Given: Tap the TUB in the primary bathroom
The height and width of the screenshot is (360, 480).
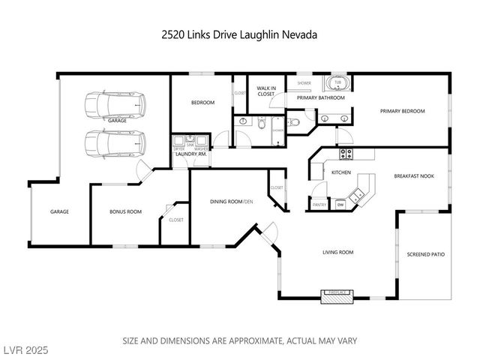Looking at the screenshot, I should (x=337, y=83).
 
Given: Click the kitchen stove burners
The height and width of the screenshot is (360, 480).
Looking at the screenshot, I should (x=346, y=154).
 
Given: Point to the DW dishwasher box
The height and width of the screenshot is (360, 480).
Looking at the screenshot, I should (x=340, y=203).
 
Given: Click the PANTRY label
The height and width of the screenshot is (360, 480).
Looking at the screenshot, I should (x=319, y=203).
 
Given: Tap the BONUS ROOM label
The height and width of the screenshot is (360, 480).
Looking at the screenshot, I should (x=125, y=212).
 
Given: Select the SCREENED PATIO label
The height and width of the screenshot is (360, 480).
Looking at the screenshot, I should (x=425, y=254).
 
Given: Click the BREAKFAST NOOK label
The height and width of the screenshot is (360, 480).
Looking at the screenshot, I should (x=414, y=176).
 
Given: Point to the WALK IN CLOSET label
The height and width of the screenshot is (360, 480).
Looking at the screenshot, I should (x=262, y=91).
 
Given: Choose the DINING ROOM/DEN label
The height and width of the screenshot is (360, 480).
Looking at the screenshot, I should (x=231, y=202).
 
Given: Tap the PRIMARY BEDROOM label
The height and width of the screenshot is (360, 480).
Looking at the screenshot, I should (x=402, y=112).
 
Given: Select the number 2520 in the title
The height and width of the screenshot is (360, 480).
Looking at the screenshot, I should (x=174, y=34).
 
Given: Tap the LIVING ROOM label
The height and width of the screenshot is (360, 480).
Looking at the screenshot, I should (x=337, y=253).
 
